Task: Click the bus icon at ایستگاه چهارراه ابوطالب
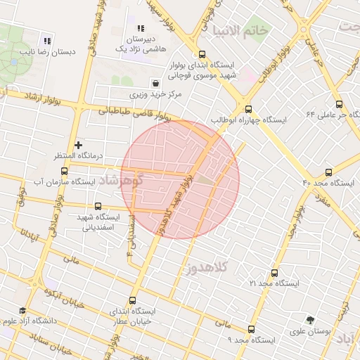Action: tap(248, 109)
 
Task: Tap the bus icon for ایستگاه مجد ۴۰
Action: tap(328, 172)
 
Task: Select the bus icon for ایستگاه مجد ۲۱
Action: tap(274, 273)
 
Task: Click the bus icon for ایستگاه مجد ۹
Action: tap(251, 329)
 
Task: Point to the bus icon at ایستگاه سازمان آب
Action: tap(65, 171)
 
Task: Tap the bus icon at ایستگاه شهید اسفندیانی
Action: tap(97, 207)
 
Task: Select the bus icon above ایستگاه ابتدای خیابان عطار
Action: tap(133, 300)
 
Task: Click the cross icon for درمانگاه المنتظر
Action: tap(78, 145)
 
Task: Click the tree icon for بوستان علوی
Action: tap(310, 320)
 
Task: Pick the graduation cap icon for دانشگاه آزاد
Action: tap(22, 311)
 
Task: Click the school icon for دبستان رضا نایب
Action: tap(47, 40)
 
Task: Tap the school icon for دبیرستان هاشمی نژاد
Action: tap(140, 28)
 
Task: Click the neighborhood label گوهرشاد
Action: tap(122, 180)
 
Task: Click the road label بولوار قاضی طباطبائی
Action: tap(134, 111)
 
